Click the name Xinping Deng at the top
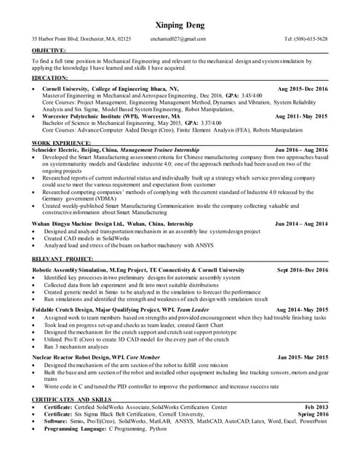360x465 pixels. point(180,25)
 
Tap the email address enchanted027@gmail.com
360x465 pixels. point(178,39)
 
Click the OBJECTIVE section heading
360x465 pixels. point(49,50)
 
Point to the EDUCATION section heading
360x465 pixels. point(50,77)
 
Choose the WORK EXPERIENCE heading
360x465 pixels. point(61,143)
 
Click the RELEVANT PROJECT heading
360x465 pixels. point(63,259)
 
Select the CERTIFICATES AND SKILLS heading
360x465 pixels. point(71,400)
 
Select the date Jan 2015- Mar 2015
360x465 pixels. point(303,357)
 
